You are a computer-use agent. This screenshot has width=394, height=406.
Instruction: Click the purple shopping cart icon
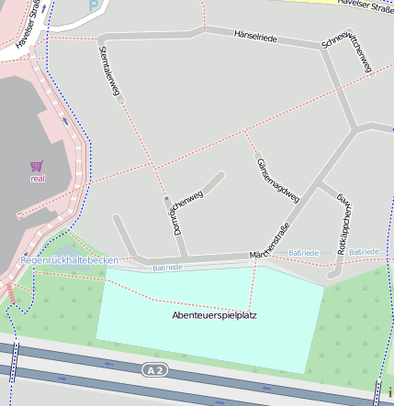click(37, 166)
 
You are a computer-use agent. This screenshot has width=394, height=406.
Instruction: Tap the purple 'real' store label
click(38, 179)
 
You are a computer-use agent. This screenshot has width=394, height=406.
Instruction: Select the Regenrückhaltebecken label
click(70, 260)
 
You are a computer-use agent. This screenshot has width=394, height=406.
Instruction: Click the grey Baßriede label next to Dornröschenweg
click(167, 268)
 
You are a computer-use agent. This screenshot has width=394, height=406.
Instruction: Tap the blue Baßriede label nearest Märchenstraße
click(303, 252)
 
